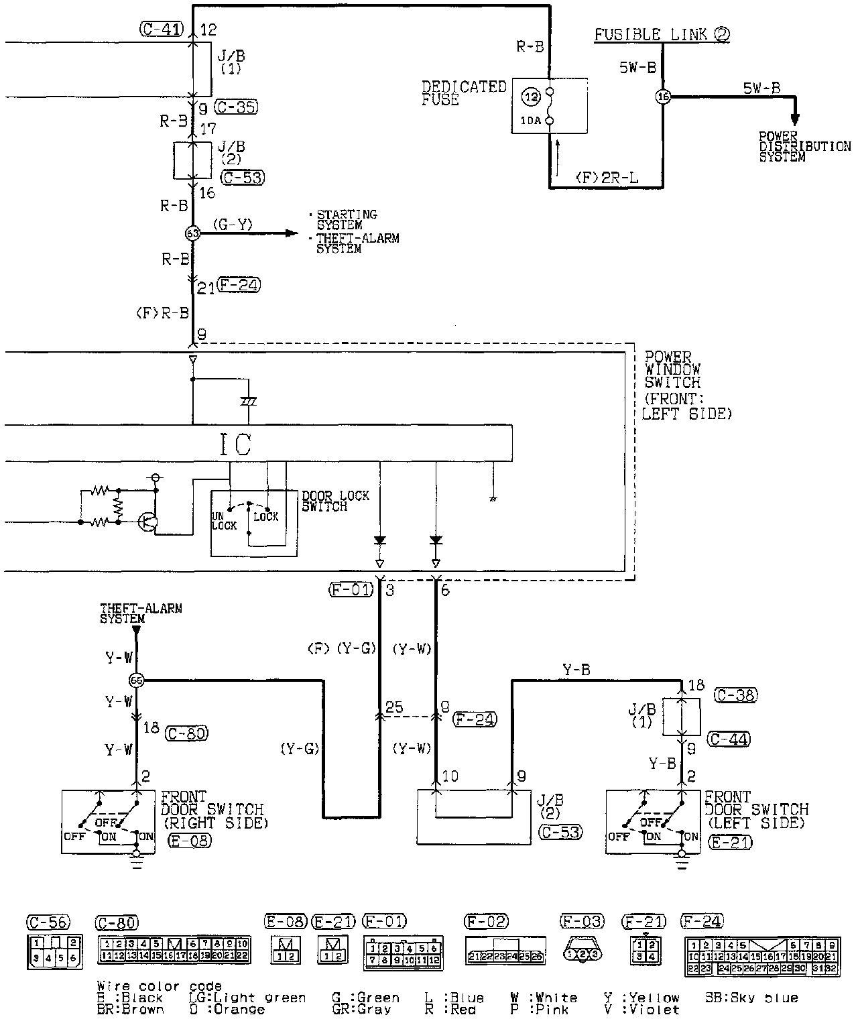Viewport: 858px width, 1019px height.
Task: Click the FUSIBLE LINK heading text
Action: [661, 34]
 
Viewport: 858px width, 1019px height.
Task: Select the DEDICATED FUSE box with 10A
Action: [550, 107]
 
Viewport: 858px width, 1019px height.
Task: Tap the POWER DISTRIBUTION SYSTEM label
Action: [804, 146]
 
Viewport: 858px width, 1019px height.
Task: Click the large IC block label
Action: [236, 443]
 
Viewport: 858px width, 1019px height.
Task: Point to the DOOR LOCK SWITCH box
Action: [255, 523]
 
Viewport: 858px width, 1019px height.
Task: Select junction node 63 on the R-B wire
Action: [192, 233]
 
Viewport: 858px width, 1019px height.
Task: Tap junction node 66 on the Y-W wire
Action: [137, 680]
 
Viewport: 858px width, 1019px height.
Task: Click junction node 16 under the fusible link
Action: [663, 97]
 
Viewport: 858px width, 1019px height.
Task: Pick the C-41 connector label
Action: [162, 29]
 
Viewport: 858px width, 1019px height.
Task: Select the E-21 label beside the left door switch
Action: [731, 842]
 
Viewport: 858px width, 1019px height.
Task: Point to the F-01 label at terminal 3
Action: [351, 590]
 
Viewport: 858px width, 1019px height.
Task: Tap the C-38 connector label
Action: [736, 695]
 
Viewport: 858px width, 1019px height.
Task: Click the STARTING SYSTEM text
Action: [347, 219]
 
